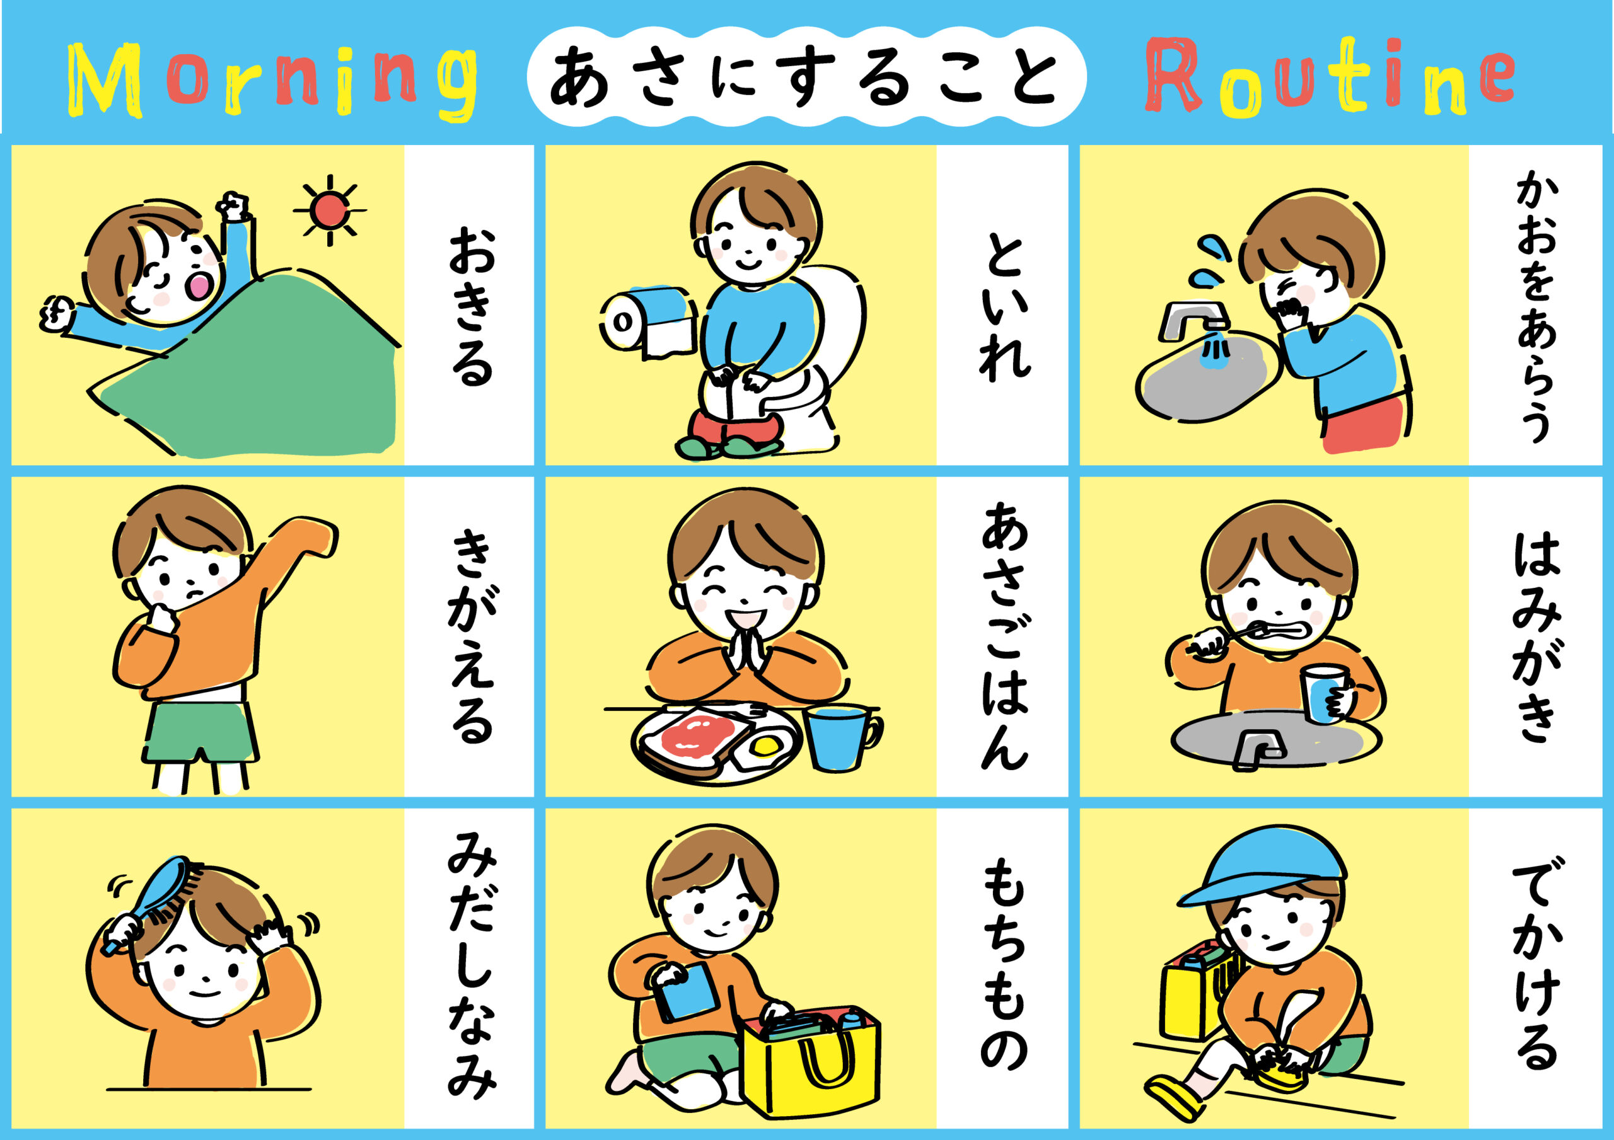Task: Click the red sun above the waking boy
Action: (329, 209)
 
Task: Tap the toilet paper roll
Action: (647, 322)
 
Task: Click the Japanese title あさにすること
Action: (804, 78)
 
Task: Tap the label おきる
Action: (471, 305)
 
